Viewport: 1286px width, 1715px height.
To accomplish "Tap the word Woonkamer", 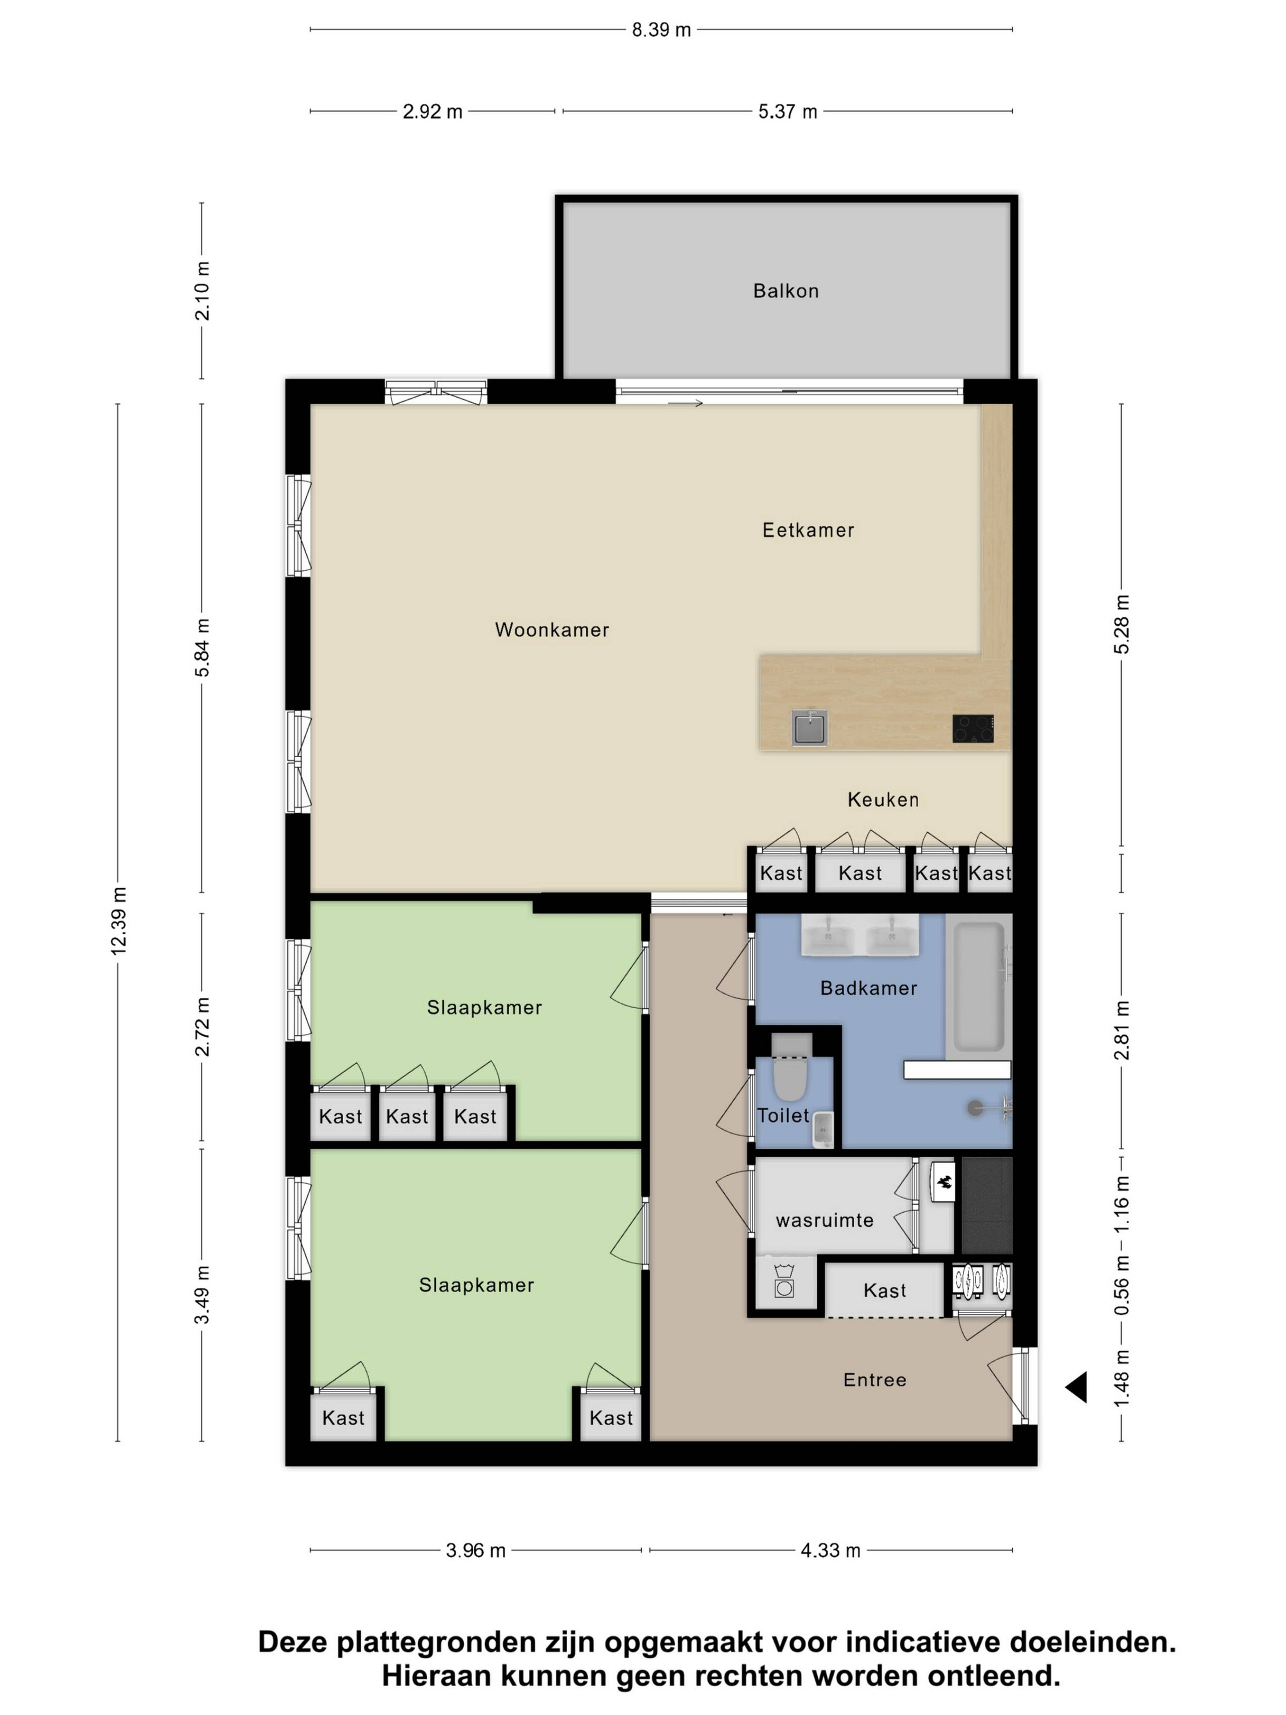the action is coord(552,629).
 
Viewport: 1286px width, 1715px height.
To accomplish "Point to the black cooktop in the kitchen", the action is coord(973,729).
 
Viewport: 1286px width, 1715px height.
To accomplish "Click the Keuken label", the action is coord(883,799).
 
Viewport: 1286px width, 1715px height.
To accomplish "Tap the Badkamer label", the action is coord(868,988).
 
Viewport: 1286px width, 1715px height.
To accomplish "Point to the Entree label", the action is coord(874,1379).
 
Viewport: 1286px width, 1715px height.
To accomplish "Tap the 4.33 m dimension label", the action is coord(830,1550).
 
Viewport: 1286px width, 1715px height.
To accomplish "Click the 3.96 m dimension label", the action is coord(475,1550).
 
